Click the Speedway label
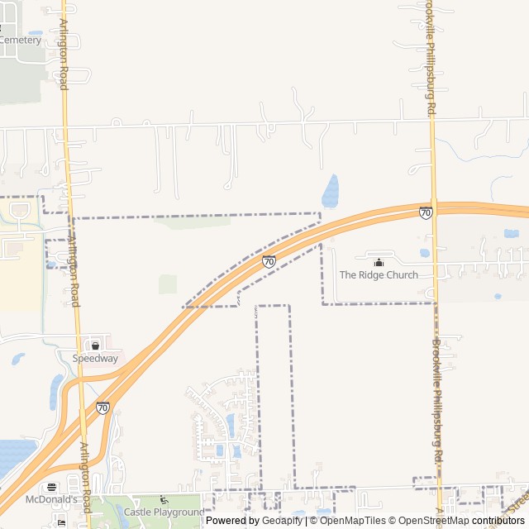click(95, 359)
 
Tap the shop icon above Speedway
click(95, 346)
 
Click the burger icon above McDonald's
click(52, 488)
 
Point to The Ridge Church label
click(379, 275)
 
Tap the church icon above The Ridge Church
click(379, 262)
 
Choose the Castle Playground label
click(164, 512)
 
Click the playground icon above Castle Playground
click(163, 501)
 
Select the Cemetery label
click(21, 40)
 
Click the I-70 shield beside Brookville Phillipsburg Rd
click(425, 212)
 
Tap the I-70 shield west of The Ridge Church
click(269, 261)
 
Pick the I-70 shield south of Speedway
click(102, 407)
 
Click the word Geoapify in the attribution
click(284, 521)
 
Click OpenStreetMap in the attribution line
click(435, 521)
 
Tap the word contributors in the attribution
click(498, 521)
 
